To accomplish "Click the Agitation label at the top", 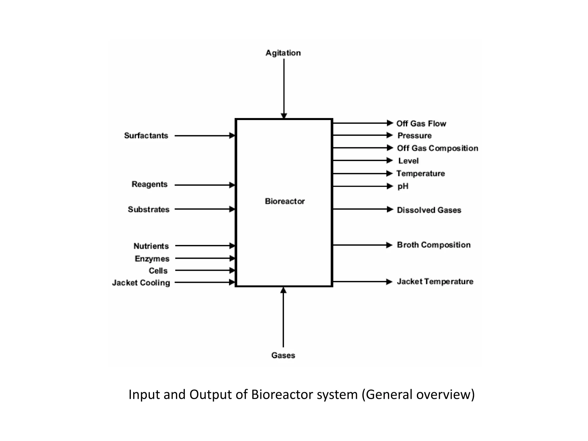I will tap(283, 53).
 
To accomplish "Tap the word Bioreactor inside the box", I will tap(285, 201).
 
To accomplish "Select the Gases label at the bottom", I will tap(283, 355).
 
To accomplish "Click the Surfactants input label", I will tap(146, 136).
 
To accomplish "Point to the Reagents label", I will tap(149, 184).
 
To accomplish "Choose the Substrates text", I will tap(148, 210).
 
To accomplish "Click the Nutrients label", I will tap(151, 246).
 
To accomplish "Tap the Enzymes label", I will tap(152, 259).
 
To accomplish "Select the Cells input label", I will tap(158, 271).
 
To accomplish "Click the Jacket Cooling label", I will tap(141, 283).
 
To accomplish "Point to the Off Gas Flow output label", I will tap(421, 124).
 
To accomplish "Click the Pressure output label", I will tap(414, 136).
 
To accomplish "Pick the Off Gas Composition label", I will tap(438, 148).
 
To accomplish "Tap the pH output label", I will tap(403, 186).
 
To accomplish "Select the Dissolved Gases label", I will tap(429, 210).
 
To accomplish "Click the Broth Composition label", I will tap(434, 245).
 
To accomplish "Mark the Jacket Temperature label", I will tap(435, 282).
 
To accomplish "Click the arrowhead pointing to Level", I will tap(390, 160).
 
